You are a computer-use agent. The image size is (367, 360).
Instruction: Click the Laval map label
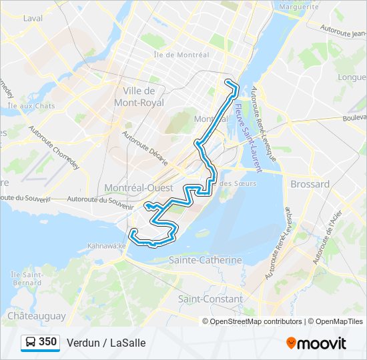coord(32,18)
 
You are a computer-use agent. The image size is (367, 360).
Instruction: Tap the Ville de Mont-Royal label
coord(139,97)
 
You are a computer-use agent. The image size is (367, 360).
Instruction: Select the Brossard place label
coord(310,184)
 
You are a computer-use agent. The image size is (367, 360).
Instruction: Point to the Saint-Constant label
coord(210,299)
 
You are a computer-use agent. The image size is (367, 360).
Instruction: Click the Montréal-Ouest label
coord(139,187)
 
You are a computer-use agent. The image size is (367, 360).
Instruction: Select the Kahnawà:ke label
coord(106,246)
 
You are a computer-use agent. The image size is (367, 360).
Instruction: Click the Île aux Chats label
coord(31,105)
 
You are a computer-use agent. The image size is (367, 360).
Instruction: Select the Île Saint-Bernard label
coord(27,279)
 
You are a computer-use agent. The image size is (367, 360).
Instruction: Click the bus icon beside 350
coord(30,342)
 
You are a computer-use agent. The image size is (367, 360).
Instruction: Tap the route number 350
coord(47,342)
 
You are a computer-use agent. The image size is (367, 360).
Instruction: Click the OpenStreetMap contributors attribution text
coord(256,321)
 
